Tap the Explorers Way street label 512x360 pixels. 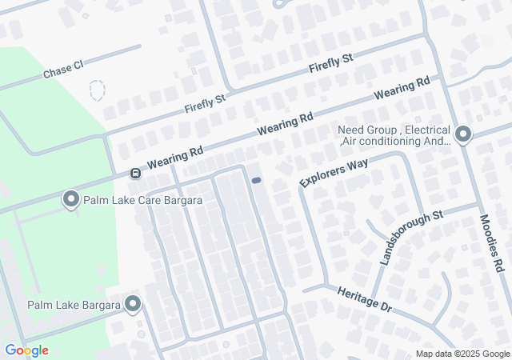[333, 172]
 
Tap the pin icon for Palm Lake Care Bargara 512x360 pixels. [70, 198]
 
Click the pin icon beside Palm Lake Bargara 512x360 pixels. [133, 304]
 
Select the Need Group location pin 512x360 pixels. [462, 134]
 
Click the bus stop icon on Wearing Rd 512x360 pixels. [136, 173]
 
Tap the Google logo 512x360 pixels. [26, 350]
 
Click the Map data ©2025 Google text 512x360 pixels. [462, 354]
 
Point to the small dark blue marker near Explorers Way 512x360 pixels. [256, 181]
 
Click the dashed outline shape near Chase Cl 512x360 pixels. [97, 90]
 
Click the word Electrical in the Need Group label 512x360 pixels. [427, 130]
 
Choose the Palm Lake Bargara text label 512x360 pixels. [73, 305]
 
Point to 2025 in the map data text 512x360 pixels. [467, 354]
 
